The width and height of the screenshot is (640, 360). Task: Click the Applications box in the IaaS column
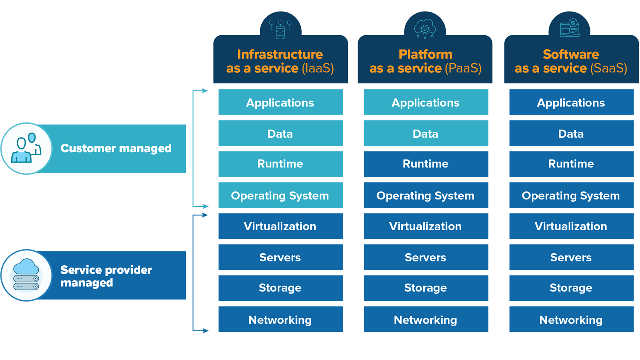coord(280,103)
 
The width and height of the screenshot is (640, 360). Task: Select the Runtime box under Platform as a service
coord(426,164)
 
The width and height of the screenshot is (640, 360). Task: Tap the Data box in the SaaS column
coord(571,134)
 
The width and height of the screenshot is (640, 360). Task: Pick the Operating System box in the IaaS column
coord(280,196)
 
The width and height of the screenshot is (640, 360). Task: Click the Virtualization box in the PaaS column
coord(426,226)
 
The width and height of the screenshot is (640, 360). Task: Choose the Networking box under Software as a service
coord(571,320)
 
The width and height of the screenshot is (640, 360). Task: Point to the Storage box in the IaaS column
coord(280,288)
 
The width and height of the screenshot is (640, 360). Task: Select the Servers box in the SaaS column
coord(571,257)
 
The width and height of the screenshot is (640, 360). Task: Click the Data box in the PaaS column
coord(426,134)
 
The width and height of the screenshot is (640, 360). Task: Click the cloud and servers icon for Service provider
coord(26,275)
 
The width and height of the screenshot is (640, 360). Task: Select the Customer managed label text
coord(116,148)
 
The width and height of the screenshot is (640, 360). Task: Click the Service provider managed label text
coord(106,276)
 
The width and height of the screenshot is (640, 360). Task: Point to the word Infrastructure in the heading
coord(280,54)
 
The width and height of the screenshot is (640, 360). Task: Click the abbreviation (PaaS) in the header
coord(463,68)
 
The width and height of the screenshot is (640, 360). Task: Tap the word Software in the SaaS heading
coord(571,54)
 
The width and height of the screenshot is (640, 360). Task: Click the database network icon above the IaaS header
coord(280,29)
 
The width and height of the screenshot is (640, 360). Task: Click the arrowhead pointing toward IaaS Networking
coord(205,330)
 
